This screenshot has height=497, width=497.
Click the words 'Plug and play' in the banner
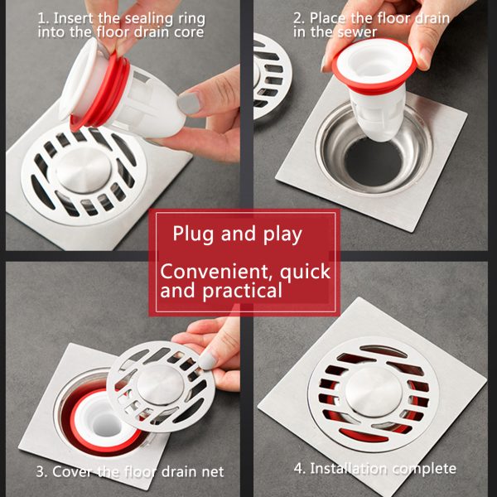coord(237,234)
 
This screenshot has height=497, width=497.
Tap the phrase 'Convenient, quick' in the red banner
coord(245,272)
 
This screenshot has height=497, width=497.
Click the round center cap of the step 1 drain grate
coord(79,170)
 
